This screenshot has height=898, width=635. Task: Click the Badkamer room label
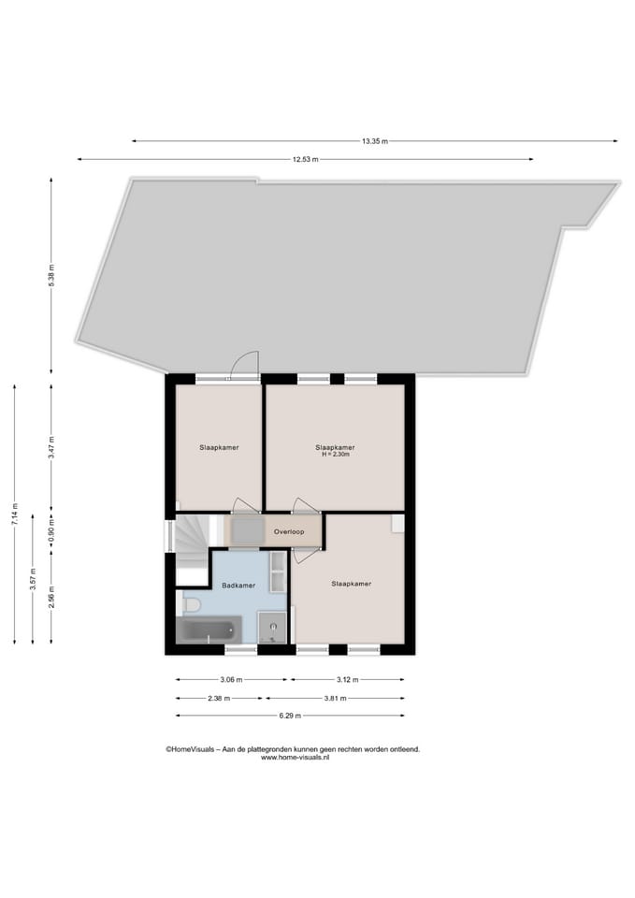point(238,586)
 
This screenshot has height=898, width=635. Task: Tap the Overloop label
point(288,531)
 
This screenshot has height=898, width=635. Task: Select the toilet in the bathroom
point(192,605)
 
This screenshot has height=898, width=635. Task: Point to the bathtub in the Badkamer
point(210,630)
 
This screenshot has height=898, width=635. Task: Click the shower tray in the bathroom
point(273,628)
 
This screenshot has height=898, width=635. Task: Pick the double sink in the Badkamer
point(278,571)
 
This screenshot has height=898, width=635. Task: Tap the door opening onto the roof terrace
point(244,367)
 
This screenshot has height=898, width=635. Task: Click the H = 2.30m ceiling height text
point(335,455)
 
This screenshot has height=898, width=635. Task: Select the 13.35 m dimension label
point(374,141)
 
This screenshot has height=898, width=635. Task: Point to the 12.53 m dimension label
point(305,160)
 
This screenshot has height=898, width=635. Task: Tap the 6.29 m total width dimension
point(290,717)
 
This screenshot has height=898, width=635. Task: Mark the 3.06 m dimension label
point(232,680)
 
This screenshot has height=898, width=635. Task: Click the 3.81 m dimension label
point(335,698)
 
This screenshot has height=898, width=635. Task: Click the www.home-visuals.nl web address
point(295,758)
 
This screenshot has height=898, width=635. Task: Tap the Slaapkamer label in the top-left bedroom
point(218,447)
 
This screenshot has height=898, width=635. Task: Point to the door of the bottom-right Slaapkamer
point(306,555)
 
